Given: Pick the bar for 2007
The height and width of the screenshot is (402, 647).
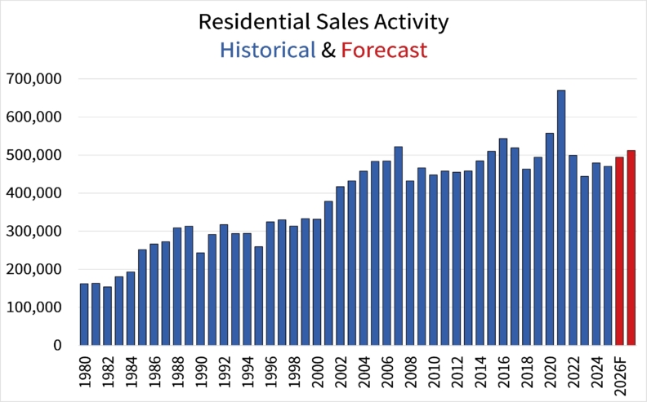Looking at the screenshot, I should [x=398, y=245].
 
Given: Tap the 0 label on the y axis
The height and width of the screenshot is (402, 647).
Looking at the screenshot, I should [x=56, y=346].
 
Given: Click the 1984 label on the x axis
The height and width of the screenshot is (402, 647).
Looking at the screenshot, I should [x=131, y=372].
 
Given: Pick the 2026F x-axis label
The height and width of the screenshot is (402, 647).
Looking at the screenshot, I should [x=620, y=375].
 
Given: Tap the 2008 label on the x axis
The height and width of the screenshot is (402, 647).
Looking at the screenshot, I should [x=410, y=372].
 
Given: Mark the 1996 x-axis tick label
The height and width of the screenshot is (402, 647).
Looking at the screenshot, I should [x=270, y=372].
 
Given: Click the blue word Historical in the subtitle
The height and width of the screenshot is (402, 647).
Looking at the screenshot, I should [x=267, y=51].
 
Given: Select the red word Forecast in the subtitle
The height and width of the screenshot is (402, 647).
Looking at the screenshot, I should [x=384, y=51].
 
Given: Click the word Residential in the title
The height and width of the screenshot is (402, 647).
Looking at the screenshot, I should [x=252, y=22].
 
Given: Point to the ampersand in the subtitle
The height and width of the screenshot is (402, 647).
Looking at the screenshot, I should [x=328, y=51].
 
